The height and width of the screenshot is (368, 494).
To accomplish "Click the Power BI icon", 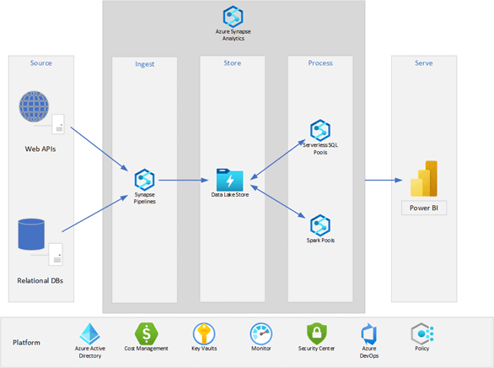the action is (424, 178).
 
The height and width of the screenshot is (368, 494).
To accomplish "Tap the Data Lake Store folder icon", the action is (229, 180).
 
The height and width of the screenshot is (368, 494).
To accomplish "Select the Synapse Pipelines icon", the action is (144, 180).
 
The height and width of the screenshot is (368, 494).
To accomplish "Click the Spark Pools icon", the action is (320, 225).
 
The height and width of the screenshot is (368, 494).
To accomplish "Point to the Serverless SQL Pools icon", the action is (320, 130).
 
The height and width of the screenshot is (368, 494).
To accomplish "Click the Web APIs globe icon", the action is (34, 106).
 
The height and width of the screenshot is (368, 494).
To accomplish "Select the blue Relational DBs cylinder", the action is (31, 235).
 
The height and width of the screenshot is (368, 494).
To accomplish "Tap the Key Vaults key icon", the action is (204, 333).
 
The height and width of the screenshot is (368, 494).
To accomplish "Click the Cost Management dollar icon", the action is (147, 333).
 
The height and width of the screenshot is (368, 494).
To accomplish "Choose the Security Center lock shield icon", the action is (317, 333).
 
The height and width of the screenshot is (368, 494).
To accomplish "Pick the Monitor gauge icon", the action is (260, 333).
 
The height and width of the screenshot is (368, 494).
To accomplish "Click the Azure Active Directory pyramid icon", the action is (90, 333).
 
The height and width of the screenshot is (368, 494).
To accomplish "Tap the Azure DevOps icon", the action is (368, 334).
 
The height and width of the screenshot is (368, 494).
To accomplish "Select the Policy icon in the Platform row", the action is (422, 333).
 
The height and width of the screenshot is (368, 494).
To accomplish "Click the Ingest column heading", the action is (145, 64).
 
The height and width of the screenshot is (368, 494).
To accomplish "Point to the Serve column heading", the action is (424, 63).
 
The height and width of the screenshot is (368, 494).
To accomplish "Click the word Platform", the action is (26, 343).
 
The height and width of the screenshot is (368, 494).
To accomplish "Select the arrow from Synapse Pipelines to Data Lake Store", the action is (184, 181).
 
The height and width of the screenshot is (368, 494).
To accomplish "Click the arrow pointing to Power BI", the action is (384, 181).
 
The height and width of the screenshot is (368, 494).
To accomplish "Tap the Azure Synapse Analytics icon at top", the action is (233, 16).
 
